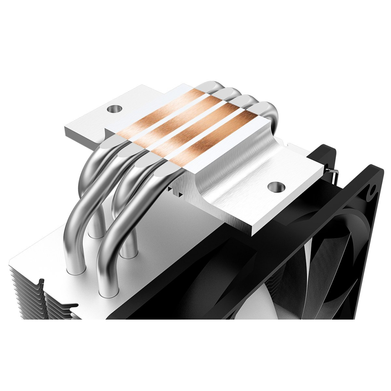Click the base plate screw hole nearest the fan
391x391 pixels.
click(x=277, y=186)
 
